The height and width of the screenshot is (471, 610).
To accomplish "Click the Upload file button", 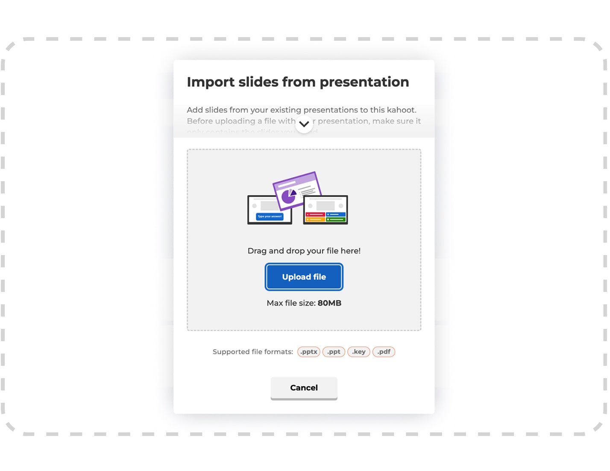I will [x=304, y=277].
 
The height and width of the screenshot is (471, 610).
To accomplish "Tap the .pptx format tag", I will [x=308, y=351].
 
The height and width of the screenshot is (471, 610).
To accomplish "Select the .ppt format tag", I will [x=334, y=351].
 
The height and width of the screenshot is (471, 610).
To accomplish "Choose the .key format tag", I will [x=359, y=351].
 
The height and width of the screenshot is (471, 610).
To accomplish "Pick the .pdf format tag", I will [x=384, y=351].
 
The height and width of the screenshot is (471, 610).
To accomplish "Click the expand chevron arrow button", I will [x=304, y=124].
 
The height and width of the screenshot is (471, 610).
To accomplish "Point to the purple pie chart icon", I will [x=289, y=196].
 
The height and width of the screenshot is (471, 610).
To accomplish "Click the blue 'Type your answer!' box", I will [x=270, y=216].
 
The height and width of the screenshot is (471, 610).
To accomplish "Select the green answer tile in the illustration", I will [x=336, y=219].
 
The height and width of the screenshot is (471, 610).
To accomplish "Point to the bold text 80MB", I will [x=329, y=303].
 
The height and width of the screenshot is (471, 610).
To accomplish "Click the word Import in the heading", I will [x=211, y=82].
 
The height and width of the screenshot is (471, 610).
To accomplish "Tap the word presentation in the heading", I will [x=364, y=82].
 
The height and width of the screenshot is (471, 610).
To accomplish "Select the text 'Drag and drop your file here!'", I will [x=304, y=251].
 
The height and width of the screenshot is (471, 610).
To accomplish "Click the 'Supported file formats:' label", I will [x=252, y=351].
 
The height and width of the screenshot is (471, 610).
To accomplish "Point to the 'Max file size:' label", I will [x=291, y=303].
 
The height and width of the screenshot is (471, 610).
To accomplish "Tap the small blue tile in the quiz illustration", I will [x=336, y=214].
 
